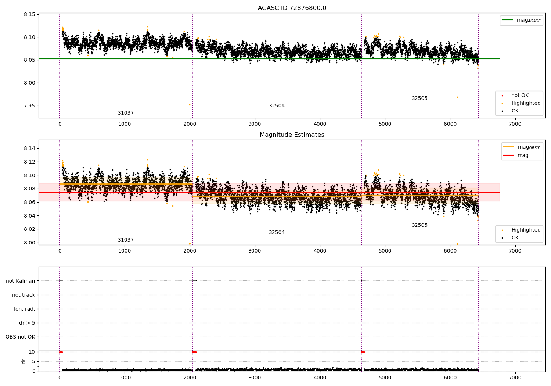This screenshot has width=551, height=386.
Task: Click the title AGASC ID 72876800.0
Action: click(x=292, y=8)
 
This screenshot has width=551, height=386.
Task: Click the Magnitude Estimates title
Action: click(x=292, y=135)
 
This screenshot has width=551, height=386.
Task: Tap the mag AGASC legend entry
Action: click(x=522, y=20)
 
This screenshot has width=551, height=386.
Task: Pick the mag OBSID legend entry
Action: click(x=522, y=147)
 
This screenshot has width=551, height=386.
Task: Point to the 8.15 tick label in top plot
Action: click(x=29, y=15)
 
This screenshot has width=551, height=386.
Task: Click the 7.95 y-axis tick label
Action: click(x=29, y=106)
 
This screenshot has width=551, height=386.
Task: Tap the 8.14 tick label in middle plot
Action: click(x=29, y=148)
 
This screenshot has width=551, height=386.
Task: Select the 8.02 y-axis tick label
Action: click(x=29, y=229)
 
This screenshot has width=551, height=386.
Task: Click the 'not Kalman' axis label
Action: click(x=21, y=281)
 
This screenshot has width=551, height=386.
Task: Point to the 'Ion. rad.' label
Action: click(x=24, y=309)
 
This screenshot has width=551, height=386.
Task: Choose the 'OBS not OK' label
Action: click(x=21, y=337)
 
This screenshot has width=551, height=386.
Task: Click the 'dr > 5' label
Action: click(x=27, y=323)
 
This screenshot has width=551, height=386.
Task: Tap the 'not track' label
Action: click(x=24, y=295)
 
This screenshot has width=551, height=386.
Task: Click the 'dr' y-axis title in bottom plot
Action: click(x=24, y=362)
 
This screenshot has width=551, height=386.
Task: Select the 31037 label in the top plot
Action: click(x=126, y=113)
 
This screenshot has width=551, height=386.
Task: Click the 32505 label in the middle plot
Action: click(x=419, y=225)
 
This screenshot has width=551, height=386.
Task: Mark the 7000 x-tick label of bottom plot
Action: click(x=515, y=378)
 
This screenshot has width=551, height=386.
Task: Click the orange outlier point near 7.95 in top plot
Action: click(x=190, y=105)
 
